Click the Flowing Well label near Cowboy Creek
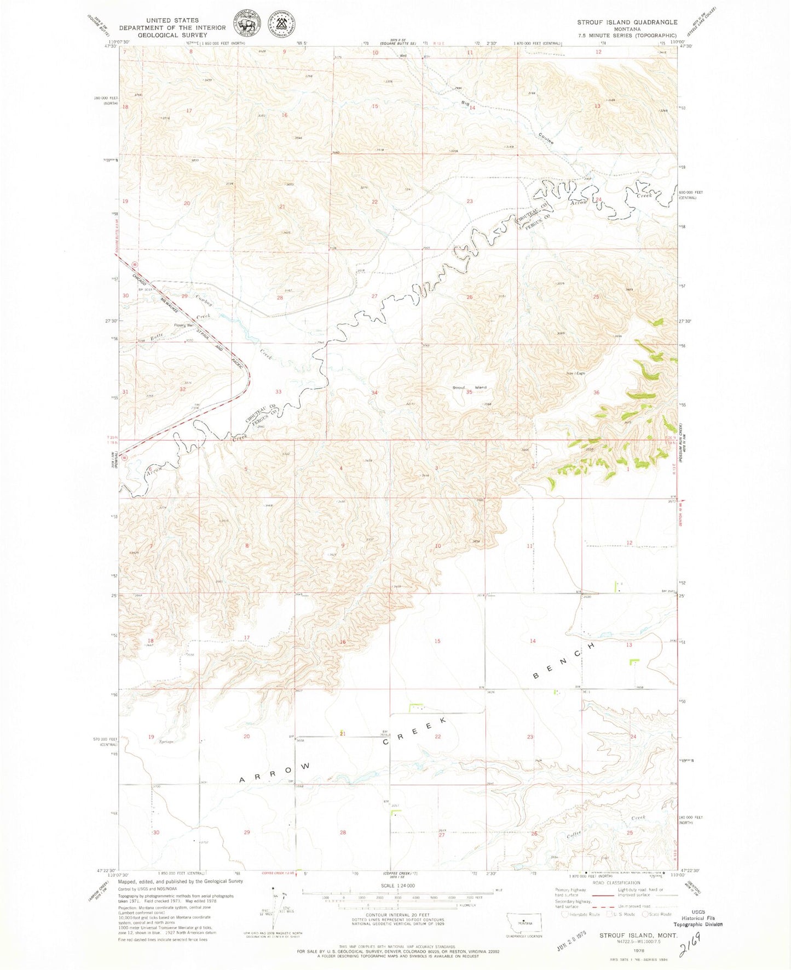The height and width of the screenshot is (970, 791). pyautogui.click(x=184, y=325)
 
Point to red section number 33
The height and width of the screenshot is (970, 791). pyautogui.click(x=279, y=391)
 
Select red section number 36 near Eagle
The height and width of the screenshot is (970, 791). pyautogui.click(x=596, y=392)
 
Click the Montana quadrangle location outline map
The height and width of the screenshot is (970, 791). pyautogui.click(x=524, y=922)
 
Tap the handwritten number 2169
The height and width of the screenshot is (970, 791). pyautogui.click(x=691, y=944)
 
